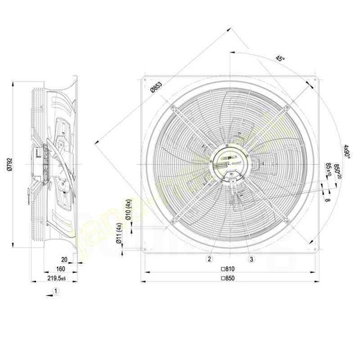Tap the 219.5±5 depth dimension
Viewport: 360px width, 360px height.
[x=64, y=279]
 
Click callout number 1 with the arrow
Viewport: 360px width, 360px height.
[x=55, y=292]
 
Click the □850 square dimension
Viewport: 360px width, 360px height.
[x=231, y=279]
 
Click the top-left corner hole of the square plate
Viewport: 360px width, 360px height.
[x=147, y=79]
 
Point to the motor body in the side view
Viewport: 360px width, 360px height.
[x=43, y=151]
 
